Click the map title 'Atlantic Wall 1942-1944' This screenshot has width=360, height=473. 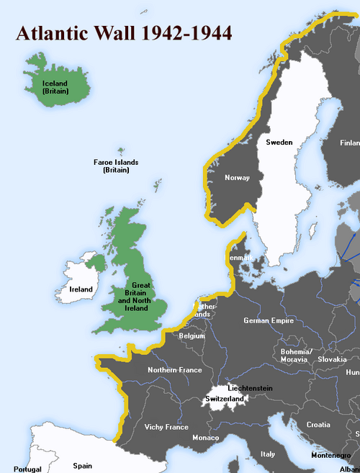pyautogui.click(x=123, y=34)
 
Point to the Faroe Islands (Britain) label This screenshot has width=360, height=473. pyautogui.click(x=116, y=166)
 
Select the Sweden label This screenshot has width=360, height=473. pyautogui.click(x=279, y=142)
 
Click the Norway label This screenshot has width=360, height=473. pyautogui.click(x=237, y=177)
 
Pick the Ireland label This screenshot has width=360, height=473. pyautogui.click(x=81, y=289)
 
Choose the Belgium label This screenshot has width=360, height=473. pyautogui.click(x=192, y=335)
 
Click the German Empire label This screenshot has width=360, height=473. pyautogui.click(x=269, y=320)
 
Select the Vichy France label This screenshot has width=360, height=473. pyautogui.click(x=166, y=427)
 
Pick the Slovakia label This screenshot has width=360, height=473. pyautogui.click(x=332, y=359)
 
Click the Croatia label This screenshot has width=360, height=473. pyautogui.click(x=318, y=425)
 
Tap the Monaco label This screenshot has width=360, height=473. pyautogui.click(x=205, y=438)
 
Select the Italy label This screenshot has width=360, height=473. pyautogui.click(x=268, y=454)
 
